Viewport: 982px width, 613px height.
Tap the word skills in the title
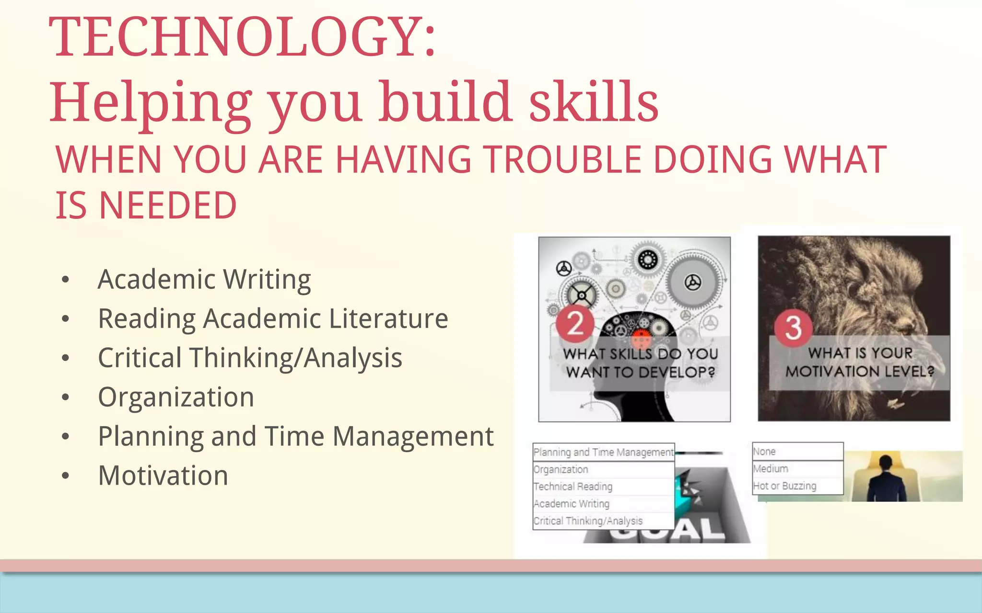[594, 102]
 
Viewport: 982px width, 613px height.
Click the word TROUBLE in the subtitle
[561, 160]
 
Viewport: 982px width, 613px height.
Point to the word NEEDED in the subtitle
[168, 206]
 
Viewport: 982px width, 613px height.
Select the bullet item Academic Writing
[204, 280]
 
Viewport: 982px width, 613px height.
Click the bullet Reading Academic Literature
[273, 319]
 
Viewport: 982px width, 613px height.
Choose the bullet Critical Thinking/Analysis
[250, 358]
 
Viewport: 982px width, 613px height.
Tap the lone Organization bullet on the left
[176, 397]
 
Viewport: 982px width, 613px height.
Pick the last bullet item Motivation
[163, 476]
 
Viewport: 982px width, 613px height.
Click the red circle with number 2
[575, 324]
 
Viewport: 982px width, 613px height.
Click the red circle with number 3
[793, 328]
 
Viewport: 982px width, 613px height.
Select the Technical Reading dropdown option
[573, 487]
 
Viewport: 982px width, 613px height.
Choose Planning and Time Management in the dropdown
[603, 452]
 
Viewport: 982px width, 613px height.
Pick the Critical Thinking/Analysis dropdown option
[588, 521]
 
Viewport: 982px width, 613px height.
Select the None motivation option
[764, 452]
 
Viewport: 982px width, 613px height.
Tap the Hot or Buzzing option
[784, 486]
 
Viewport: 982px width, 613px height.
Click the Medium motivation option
[771, 469]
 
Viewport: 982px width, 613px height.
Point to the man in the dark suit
[886, 479]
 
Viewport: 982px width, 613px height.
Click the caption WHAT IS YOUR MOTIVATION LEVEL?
[859, 363]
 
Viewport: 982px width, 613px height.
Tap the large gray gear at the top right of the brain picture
[692, 283]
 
